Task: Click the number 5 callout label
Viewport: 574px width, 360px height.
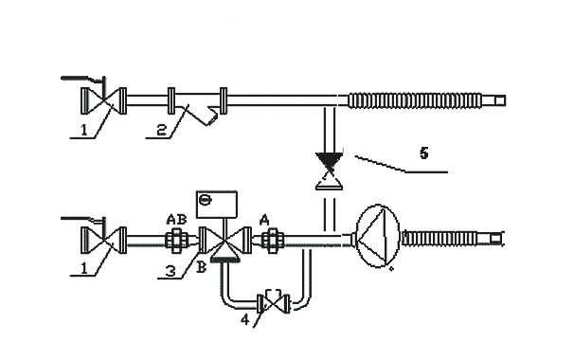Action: (424, 153)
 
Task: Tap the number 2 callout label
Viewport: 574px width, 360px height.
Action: (162, 130)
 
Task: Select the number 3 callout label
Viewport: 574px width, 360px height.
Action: (170, 271)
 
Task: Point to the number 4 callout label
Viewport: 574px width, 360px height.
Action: (245, 319)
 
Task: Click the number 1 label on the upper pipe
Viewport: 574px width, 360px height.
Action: (84, 130)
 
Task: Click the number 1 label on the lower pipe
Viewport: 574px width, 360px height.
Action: (84, 268)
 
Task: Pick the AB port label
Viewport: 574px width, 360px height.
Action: (176, 220)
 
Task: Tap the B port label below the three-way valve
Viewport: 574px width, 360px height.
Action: (202, 268)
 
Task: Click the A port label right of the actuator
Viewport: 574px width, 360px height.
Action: (264, 220)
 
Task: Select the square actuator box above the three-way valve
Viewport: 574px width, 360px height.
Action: (217, 204)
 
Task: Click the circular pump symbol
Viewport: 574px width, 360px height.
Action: (377, 236)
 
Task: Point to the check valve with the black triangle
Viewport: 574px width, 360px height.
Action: (330, 171)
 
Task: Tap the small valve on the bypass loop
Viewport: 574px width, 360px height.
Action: (274, 303)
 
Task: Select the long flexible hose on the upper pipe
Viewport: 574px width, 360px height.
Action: (426, 100)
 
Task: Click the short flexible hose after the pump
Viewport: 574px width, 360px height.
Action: (453, 239)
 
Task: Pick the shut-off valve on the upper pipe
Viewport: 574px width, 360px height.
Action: (103, 100)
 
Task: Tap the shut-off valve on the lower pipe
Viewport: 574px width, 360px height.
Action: (103, 240)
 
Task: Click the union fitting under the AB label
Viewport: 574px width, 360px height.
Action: (177, 241)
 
